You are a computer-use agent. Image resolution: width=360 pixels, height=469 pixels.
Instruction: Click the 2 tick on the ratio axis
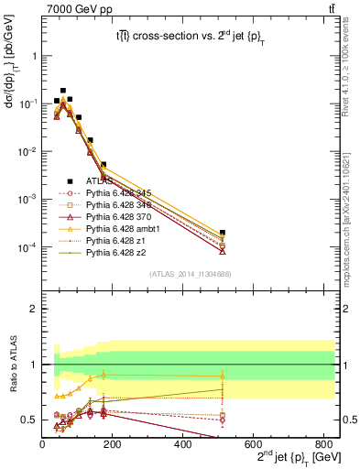pos(35,309)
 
